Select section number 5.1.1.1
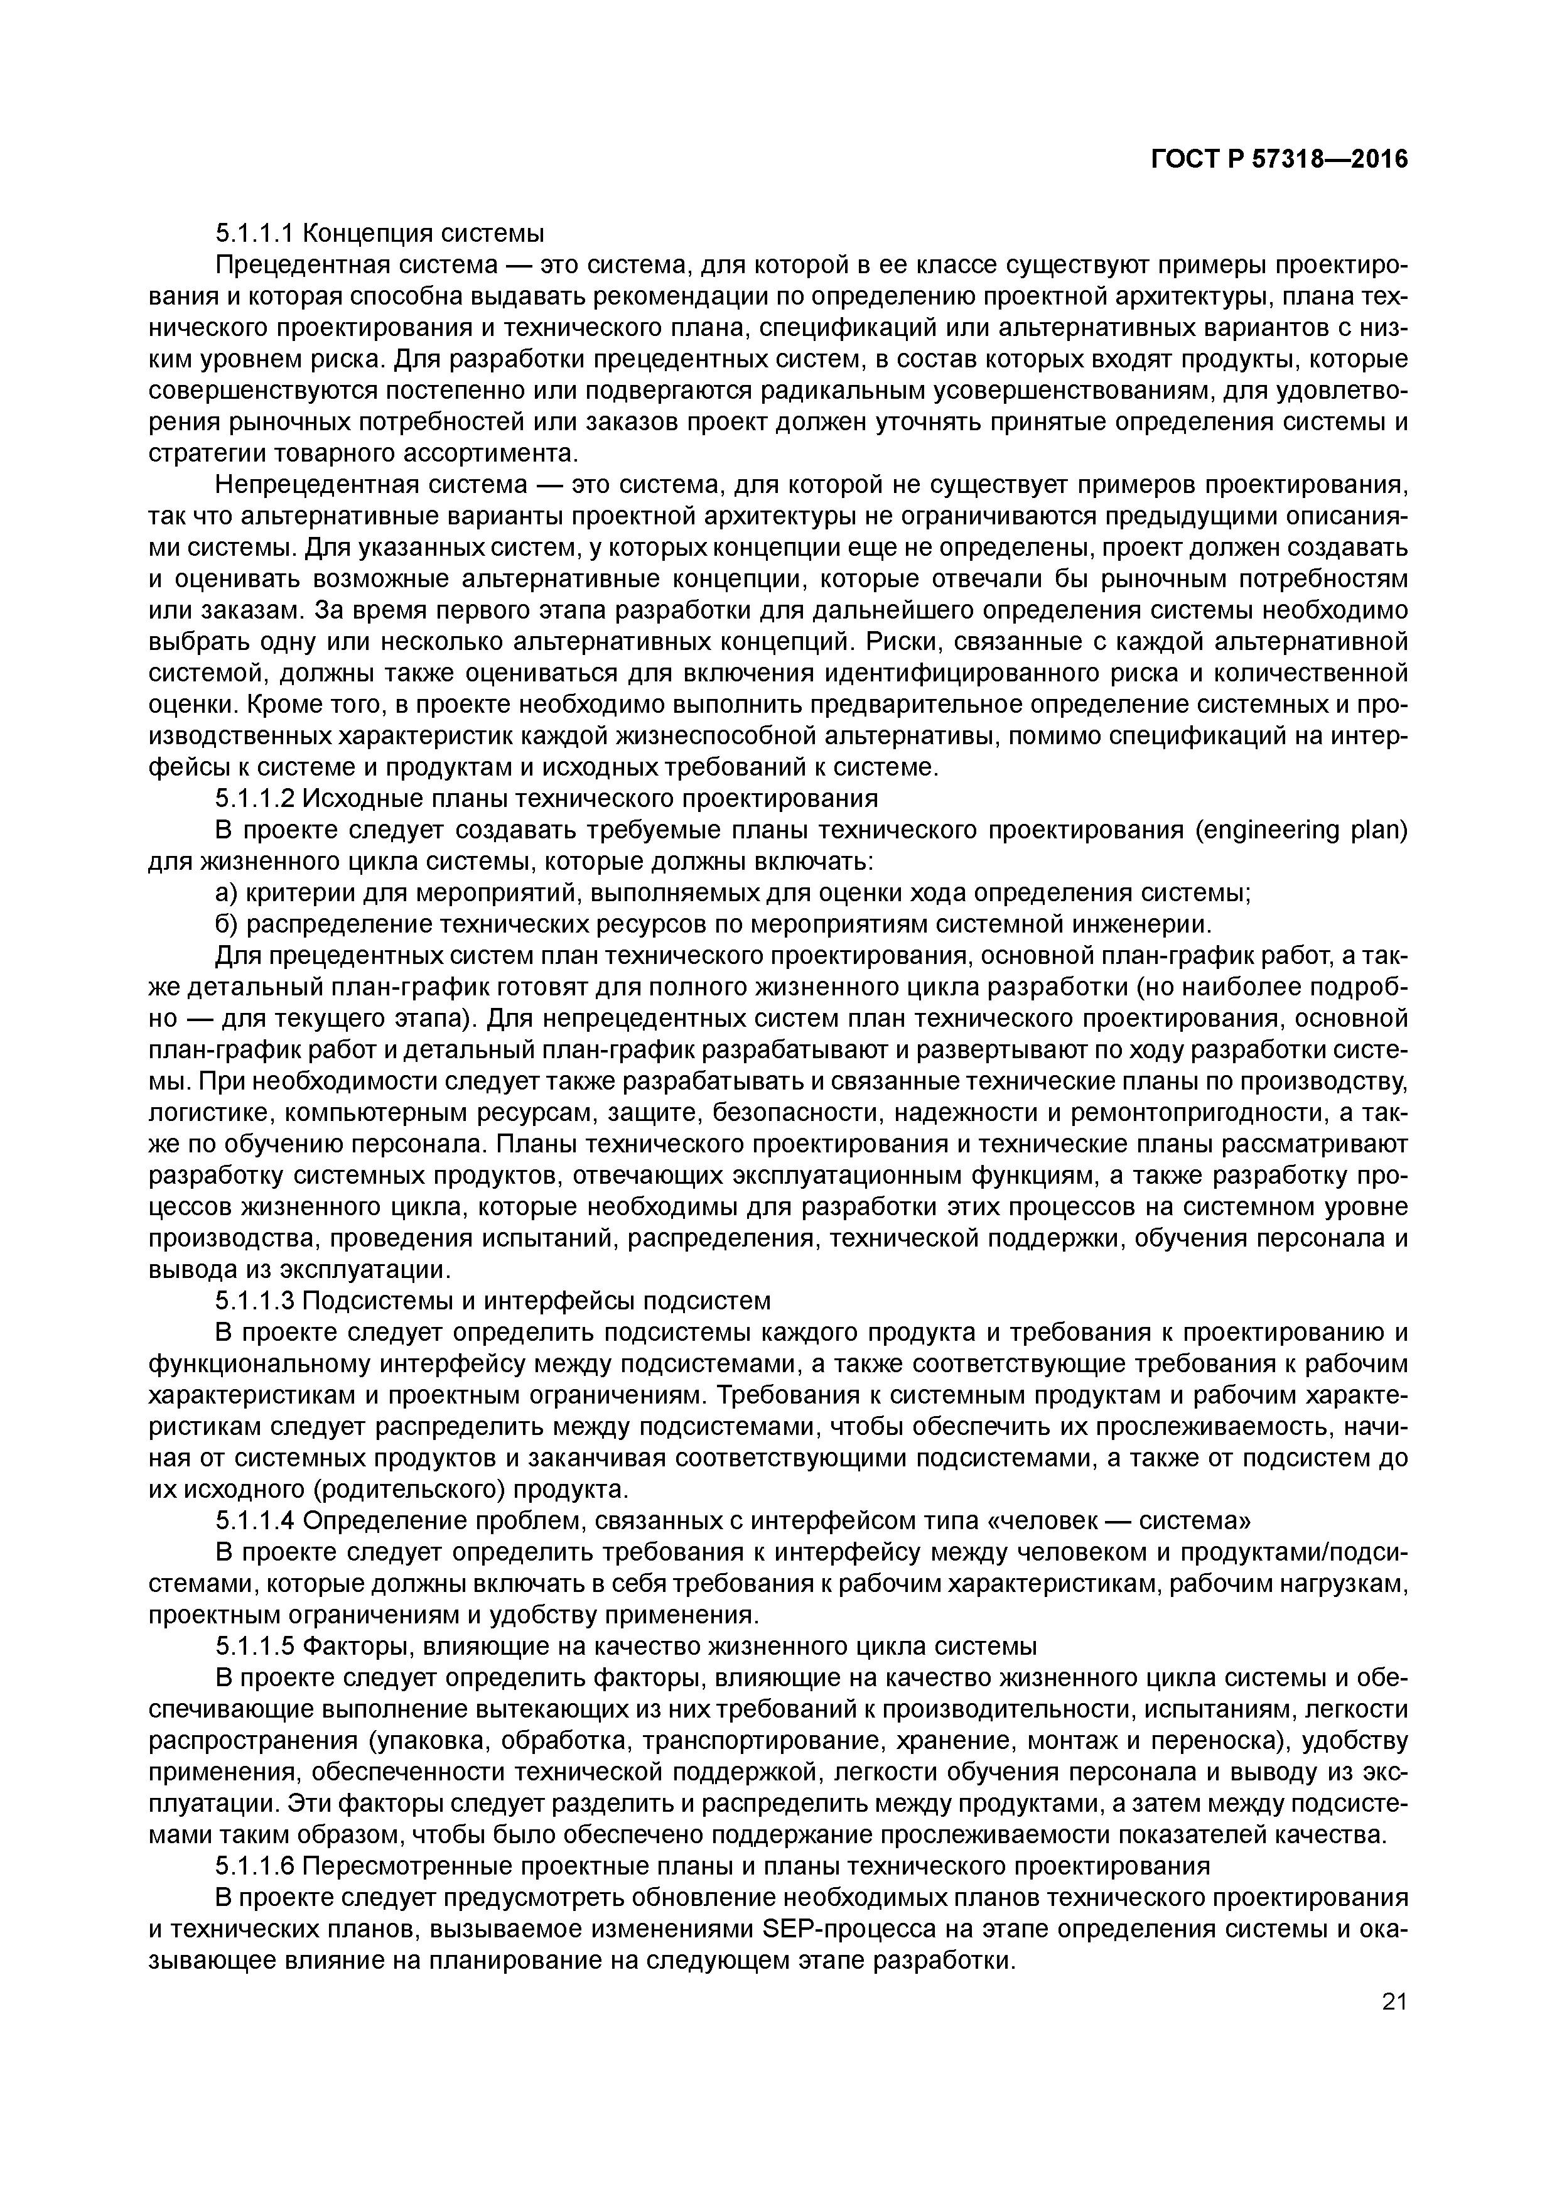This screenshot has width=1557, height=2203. coord(254,233)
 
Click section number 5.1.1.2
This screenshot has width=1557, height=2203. coord(254,798)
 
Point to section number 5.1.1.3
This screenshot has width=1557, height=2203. coord(254,1301)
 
